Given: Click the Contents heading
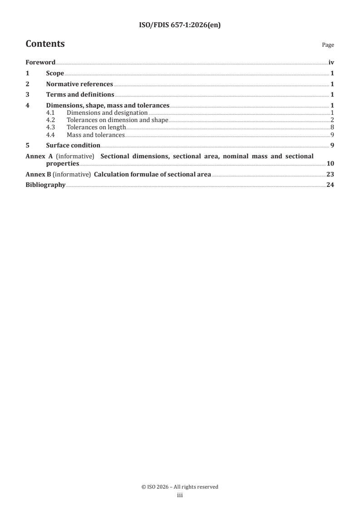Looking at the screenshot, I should pos(45,44).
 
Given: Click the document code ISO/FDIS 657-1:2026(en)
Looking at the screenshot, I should pos(180,25).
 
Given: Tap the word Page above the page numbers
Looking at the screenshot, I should pos(328,45).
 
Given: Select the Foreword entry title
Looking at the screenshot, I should pos(40,63).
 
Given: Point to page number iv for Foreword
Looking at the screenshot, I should pos(331,63).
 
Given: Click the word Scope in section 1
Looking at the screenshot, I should pos(55,73).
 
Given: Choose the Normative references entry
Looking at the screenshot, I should pos(79,84).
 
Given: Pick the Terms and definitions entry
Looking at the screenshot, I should pos(80,95).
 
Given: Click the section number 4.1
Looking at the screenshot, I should pos(51,113).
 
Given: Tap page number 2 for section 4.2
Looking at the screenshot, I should pos(332,120).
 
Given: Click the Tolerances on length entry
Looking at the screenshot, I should pos(96,127).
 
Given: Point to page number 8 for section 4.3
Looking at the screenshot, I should pos(332,127).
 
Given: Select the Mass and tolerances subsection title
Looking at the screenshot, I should pos(95,135).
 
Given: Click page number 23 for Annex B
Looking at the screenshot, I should pos(330,174).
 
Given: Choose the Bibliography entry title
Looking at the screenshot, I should pos(45,185).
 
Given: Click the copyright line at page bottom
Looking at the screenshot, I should pos(180,487).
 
